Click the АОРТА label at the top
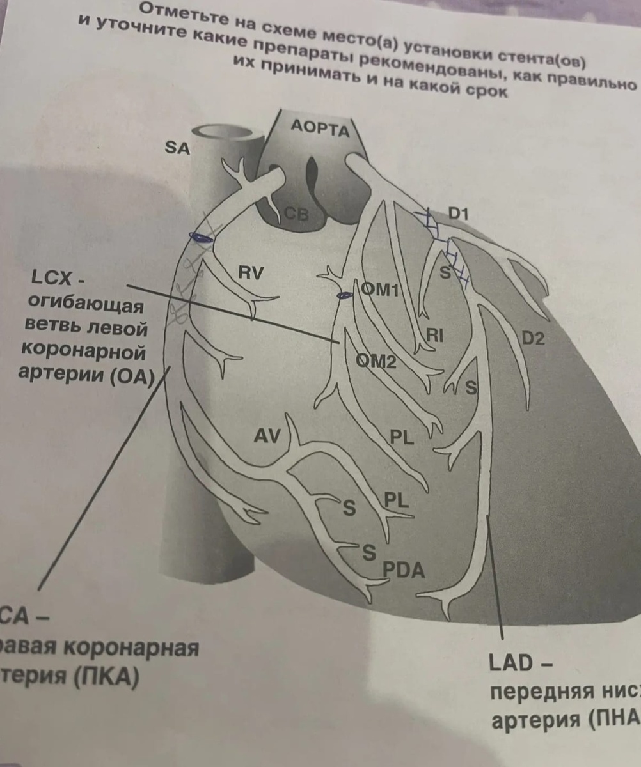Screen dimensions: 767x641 (x=320, y=128)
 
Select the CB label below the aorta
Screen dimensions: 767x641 (x=296, y=214)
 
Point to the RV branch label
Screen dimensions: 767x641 (x=251, y=274)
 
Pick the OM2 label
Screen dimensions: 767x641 (x=377, y=362)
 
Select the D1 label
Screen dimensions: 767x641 (x=458, y=214)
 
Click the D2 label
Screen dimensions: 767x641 (x=533, y=339)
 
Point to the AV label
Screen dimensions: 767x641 (x=267, y=437)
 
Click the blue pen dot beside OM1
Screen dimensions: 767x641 (x=345, y=295)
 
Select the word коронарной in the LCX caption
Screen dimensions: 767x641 (x=83, y=352)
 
